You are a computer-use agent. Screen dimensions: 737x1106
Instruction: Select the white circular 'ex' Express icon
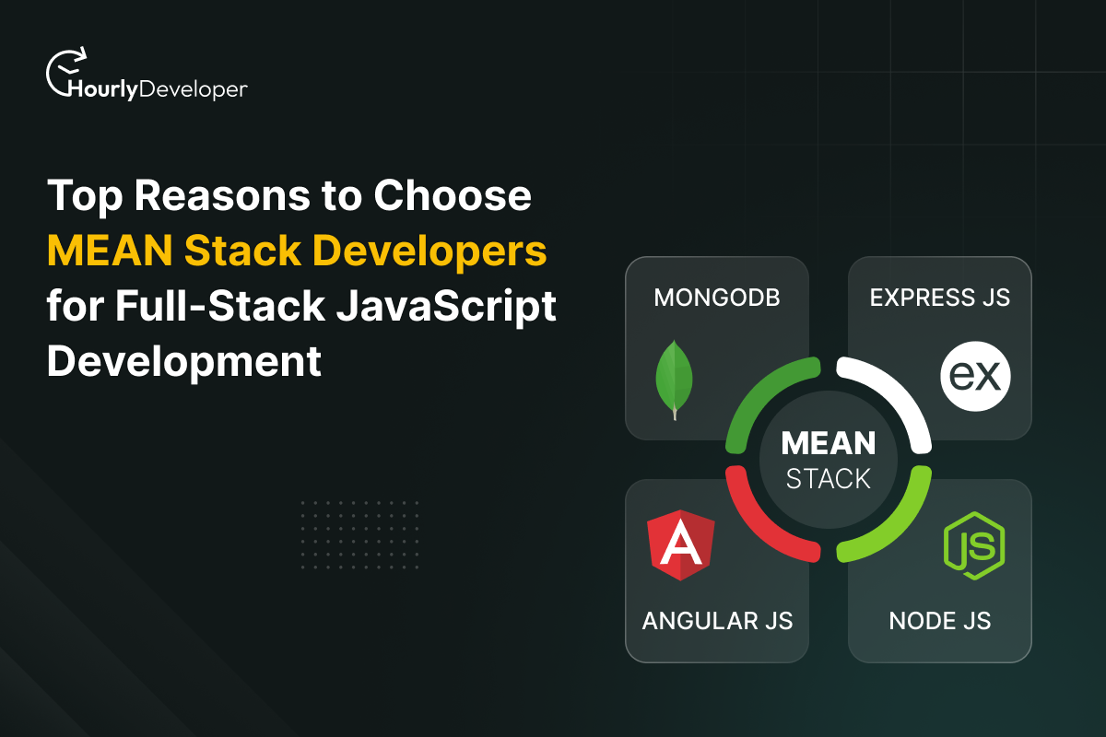pos(975,379)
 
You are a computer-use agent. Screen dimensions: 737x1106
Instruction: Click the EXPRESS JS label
pos(940,298)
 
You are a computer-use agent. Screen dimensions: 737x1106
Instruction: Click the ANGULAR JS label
pos(717,620)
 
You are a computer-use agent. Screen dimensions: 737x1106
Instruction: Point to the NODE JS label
pos(940,620)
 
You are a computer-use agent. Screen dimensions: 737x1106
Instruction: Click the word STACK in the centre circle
pos(829,479)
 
